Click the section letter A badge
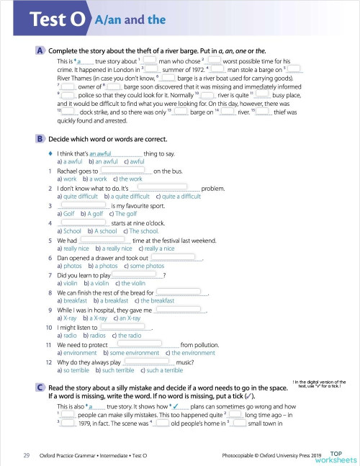coord(40,51)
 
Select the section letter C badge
coord(40,387)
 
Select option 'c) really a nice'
coord(152,248)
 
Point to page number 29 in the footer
coord(26,455)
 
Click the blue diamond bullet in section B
coord(49,153)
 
